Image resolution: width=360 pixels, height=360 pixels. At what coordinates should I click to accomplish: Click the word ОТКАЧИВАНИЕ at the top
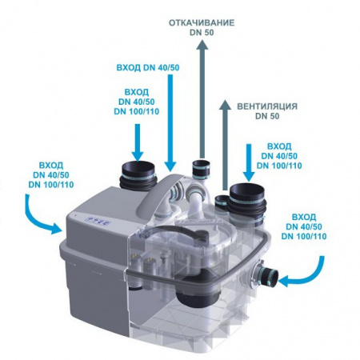pyautogui.click(x=202, y=22)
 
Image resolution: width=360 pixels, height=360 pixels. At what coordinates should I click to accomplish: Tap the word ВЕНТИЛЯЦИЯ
pyautogui.click(x=267, y=106)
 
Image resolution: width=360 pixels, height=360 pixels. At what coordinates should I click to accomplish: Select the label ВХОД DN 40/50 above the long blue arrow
pyautogui.click(x=148, y=68)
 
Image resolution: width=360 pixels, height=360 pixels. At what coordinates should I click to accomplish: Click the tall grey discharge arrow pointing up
pyautogui.click(x=202, y=99)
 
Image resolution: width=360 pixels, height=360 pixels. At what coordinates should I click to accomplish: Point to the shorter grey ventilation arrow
pyautogui.click(x=226, y=146)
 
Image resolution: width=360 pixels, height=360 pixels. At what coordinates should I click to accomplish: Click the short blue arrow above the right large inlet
pyautogui.click(x=249, y=163)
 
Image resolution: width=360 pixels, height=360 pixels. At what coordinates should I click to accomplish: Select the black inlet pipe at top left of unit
pyautogui.click(x=138, y=176)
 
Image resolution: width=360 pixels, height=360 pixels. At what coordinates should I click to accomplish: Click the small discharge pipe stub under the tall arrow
pyautogui.click(x=201, y=170)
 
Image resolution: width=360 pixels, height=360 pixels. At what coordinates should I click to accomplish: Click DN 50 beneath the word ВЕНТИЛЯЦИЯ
pyautogui.click(x=267, y=116)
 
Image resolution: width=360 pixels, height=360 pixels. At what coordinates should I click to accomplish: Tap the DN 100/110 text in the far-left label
pyautogui.click(x=51, y=185)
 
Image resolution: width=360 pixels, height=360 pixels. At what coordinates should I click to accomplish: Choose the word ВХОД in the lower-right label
pyautogui.click(x=304, y=217)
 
